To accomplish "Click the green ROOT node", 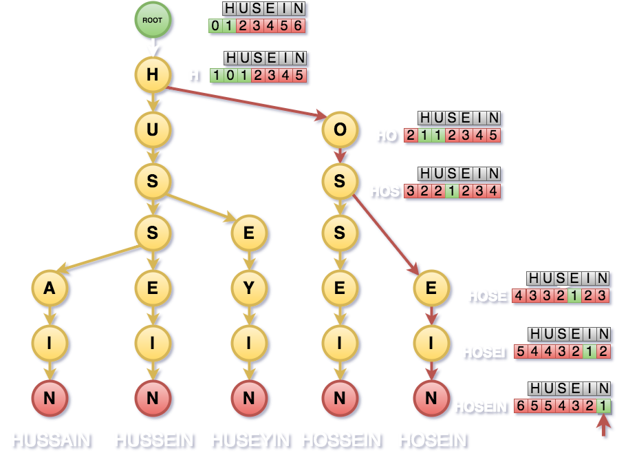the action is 153,21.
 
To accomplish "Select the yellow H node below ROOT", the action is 153,75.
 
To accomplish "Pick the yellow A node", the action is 50,289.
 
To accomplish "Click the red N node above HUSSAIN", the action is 50,397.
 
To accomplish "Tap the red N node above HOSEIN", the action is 431,397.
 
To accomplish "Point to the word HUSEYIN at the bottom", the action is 251,440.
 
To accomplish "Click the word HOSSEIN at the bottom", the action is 341,440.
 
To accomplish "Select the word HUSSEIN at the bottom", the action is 154,440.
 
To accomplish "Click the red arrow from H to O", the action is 248,103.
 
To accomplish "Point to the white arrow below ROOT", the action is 153,48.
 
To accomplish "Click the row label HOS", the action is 385,191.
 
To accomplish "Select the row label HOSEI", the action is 484,353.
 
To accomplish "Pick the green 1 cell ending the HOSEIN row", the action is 603,407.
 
